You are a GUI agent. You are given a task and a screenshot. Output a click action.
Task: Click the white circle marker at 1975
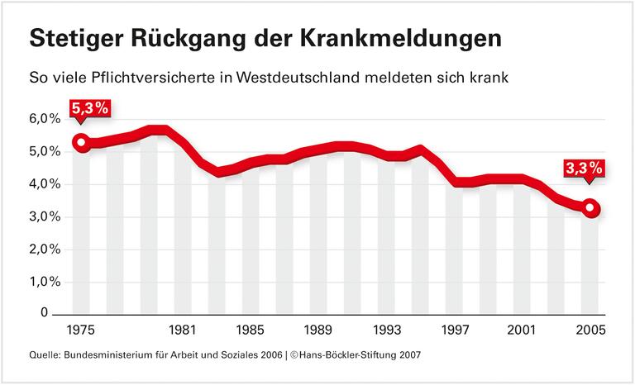point(81,143)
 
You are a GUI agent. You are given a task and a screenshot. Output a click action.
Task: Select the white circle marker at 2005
point(590,208)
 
